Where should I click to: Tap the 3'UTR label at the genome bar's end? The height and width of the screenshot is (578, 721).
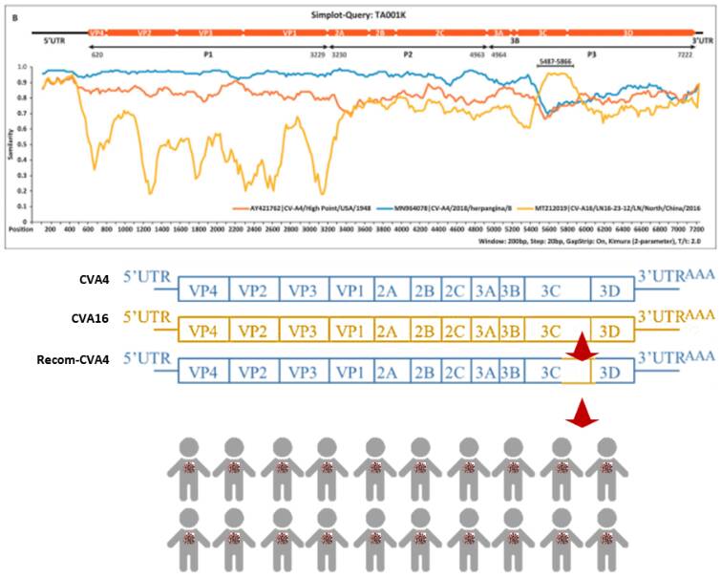(702, 42)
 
